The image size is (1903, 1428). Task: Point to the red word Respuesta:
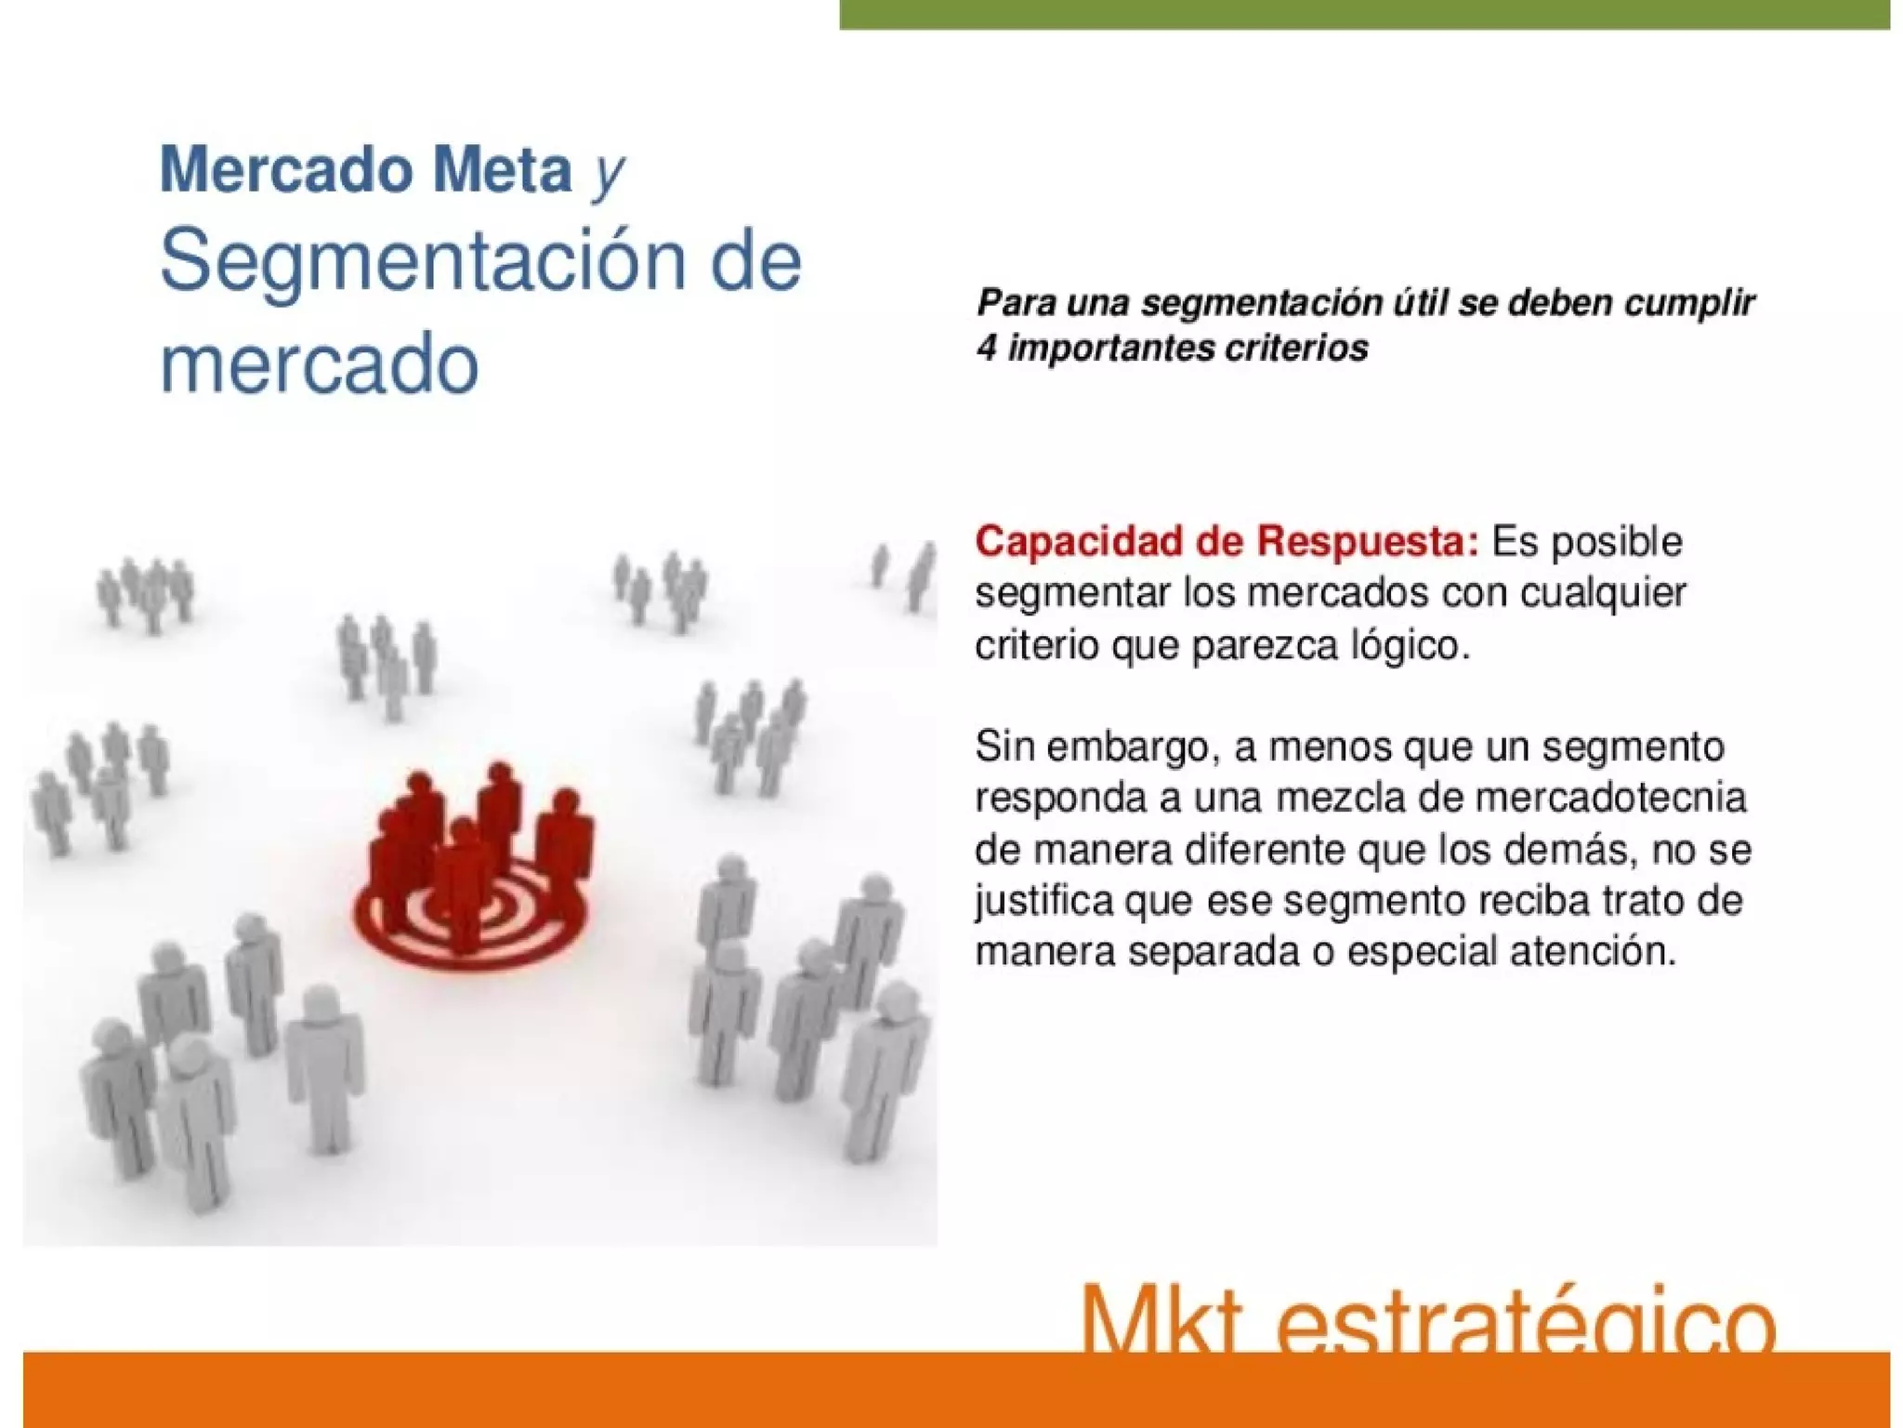[1367, 541]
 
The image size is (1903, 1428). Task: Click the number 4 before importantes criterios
[986, 349]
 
